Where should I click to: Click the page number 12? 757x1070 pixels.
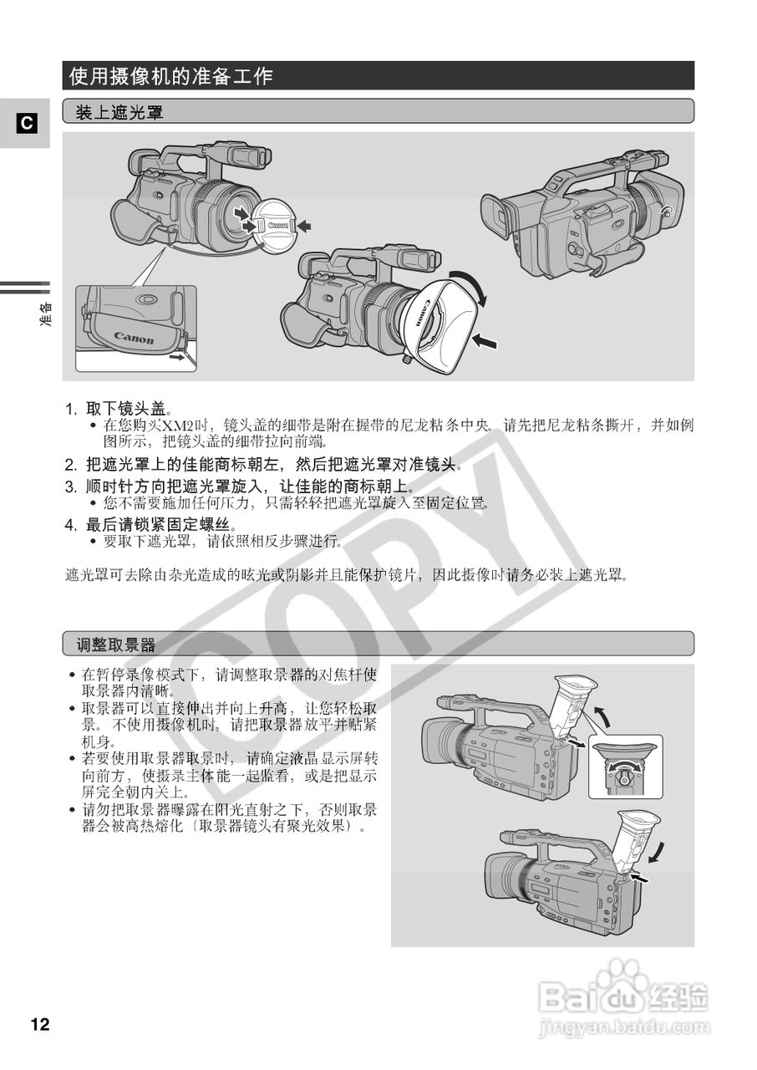click(40, 1024)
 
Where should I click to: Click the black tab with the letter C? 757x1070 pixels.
click(26, 124)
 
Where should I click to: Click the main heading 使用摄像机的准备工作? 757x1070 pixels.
click(171, 77)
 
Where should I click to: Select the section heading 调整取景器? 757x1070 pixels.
click(116, 644)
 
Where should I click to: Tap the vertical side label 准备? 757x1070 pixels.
click(46, 317)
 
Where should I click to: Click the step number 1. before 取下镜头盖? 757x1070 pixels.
click(72, 410)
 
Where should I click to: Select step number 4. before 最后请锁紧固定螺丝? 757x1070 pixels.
click(72, 525)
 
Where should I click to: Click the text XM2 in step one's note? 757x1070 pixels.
click(177, 425)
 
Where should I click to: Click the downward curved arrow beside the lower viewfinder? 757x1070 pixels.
click(660, 852)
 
